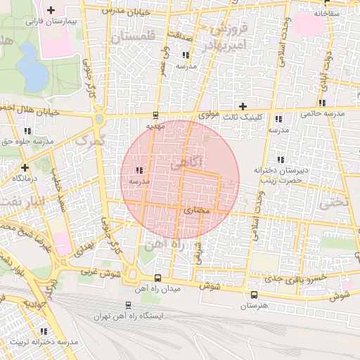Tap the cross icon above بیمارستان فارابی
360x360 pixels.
coord(50,11)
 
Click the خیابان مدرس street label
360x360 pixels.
coord(127,11)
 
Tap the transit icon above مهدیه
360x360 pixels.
coord(155,116)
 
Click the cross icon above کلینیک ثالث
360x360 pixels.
coord(243,107)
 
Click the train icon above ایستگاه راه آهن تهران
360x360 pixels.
coord(127,305)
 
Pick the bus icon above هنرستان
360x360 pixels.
coord(254,294)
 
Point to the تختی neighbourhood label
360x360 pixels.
coord(335,203)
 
